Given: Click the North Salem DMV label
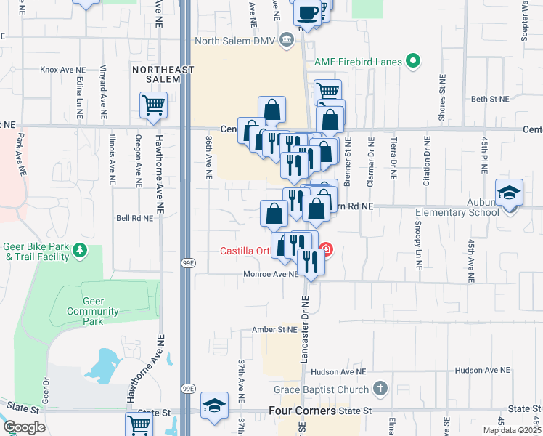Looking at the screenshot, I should [x=240, y=40].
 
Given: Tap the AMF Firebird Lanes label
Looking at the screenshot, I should [x=358, y=62].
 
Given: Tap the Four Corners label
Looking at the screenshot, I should [x=302, y=411].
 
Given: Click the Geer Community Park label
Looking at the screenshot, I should [x=92, y=306].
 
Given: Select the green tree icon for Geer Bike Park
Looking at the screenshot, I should [x=79, y=251].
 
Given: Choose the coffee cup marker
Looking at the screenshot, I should [x=307, y=12].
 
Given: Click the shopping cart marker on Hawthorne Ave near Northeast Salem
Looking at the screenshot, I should [x=154, y=105].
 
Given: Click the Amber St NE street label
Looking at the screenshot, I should [x=274, y=329].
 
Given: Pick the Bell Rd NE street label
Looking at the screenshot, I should [x=135, y=217].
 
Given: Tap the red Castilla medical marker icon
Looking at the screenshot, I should [x=326, y=251].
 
